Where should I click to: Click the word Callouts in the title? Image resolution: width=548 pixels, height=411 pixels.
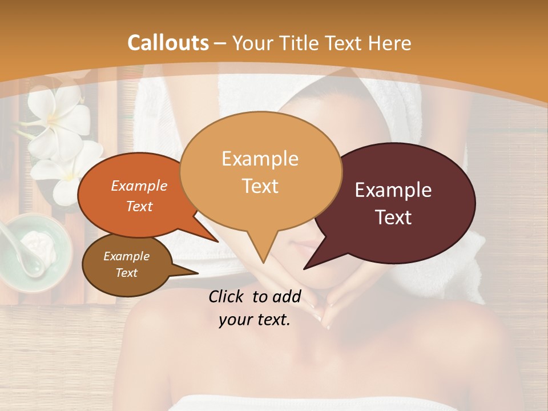[168, 43]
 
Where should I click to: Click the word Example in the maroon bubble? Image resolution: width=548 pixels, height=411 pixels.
[393, 190]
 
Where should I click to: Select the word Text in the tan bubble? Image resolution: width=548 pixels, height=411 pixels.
[260, 186]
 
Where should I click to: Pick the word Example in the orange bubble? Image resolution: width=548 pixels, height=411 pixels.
[139, 186]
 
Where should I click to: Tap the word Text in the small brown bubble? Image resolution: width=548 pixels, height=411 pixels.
[127, 273]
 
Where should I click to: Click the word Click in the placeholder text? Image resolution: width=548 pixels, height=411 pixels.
[228, 296]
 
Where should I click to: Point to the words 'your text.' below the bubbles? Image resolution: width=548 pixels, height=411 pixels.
[255, 320]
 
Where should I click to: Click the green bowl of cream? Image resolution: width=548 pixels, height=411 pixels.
[37, 251]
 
